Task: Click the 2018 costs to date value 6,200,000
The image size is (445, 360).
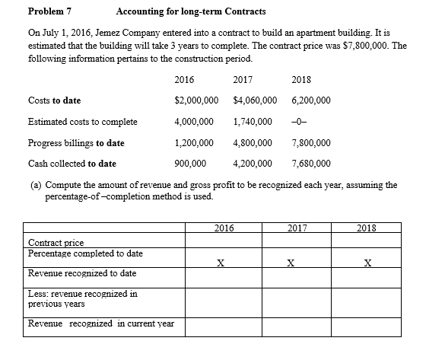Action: tap(311, 100)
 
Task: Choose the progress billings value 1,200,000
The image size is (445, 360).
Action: tap(193, 142)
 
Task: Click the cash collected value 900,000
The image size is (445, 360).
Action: tap(190, 163)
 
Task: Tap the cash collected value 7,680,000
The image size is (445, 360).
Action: tap(311, 163)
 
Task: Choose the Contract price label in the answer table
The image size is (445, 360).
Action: tap(54, 242)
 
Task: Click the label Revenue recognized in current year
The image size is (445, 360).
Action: tap(100, 323)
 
